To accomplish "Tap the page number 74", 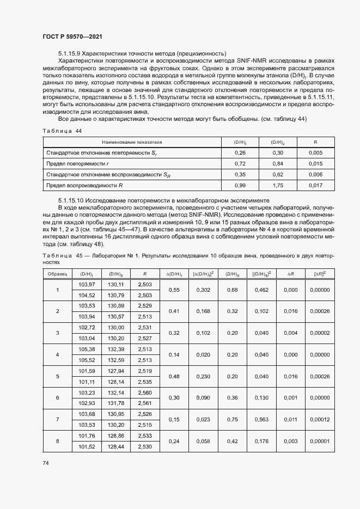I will point(45,462).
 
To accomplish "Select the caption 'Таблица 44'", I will point(62,131).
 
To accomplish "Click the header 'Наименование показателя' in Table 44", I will point(132,142).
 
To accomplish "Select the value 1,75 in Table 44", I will point(278,185).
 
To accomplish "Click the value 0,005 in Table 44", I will point(315,153).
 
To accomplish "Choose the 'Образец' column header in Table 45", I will point(57,274).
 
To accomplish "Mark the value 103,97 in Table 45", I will point(87,285).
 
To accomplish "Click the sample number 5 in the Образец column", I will point(57,376).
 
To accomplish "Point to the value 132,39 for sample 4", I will point(116,349).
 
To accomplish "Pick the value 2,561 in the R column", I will point(145,403).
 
